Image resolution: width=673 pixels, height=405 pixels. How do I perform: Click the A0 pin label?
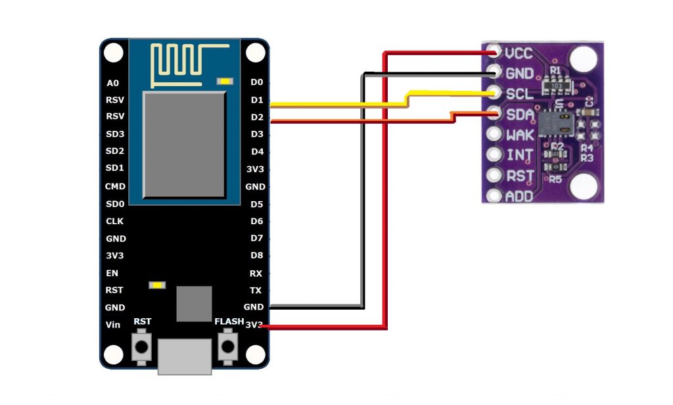(x=112, y=83)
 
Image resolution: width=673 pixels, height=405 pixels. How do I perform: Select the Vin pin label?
(x=113, y=325)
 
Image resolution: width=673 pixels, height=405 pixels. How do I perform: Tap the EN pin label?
(x=112, y=273)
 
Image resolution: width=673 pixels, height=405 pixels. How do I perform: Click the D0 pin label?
(x=256, y=82)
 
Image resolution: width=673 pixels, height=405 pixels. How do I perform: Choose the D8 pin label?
(x=256, y=255)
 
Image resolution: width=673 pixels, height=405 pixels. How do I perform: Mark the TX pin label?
(x=256, y=290)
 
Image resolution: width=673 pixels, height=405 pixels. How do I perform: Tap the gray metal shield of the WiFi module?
(x=185, y=145)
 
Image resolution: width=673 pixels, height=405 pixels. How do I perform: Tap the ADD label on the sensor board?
(x=519, y=197)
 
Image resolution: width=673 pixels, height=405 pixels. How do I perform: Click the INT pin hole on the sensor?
(x=494, y=155)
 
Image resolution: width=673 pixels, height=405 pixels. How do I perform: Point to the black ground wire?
(x=362, y=197)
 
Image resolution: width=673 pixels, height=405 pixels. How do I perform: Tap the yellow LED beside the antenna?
(x=225, y=82)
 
